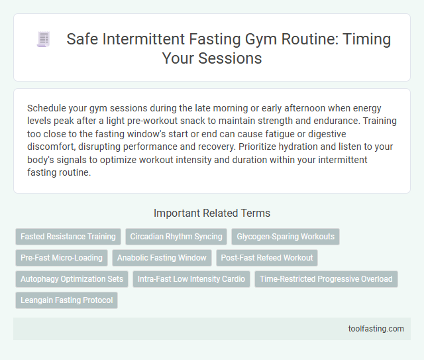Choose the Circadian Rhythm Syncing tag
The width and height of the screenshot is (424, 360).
176,236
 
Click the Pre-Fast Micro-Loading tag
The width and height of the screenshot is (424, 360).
62,258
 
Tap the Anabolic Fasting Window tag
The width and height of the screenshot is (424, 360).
162,258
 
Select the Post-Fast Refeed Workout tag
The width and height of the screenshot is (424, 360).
268,258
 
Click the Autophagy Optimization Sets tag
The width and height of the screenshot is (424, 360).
72,279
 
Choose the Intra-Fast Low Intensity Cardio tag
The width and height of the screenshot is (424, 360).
191,279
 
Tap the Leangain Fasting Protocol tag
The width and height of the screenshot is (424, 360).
66,300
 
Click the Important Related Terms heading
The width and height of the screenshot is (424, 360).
211,213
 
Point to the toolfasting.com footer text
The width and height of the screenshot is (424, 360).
376,328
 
